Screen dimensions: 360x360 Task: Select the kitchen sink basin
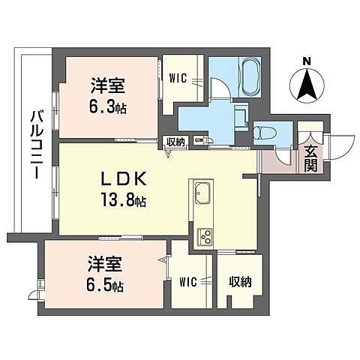click(x=202, y=194)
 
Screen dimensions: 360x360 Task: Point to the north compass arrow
click(x=306, y=85)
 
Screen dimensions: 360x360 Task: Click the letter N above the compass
click(x=306, y=61)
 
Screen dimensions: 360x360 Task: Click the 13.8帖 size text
click(x=124, y=200)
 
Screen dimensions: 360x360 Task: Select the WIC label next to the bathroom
click(x=178, y=77)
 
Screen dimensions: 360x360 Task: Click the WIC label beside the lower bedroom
click(x=187, y=281)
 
